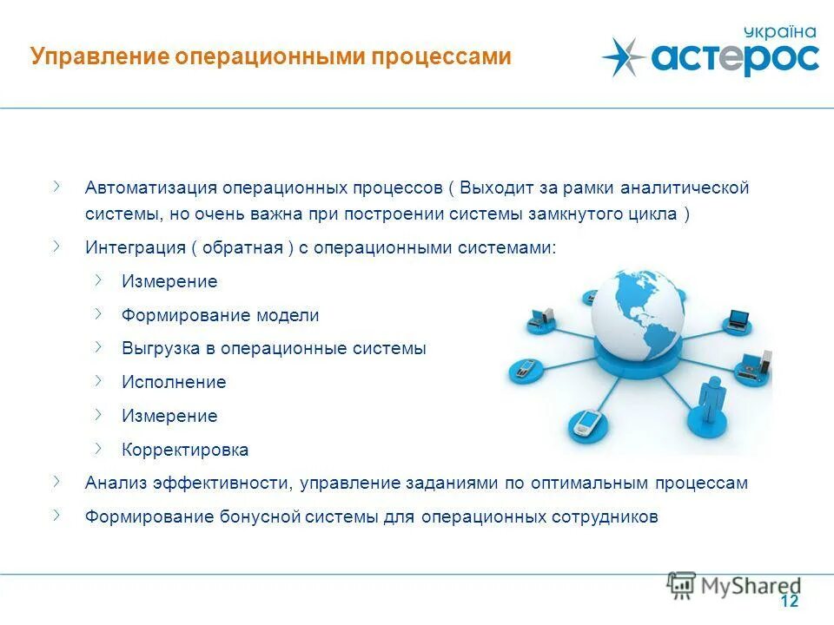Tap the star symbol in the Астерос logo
[x=624, y=57]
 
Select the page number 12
[x=789, y=602]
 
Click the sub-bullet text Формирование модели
[x=221, y=316]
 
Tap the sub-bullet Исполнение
[x=174, y=383]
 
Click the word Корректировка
[x=185, y=451]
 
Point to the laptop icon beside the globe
[x=738, y=319]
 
